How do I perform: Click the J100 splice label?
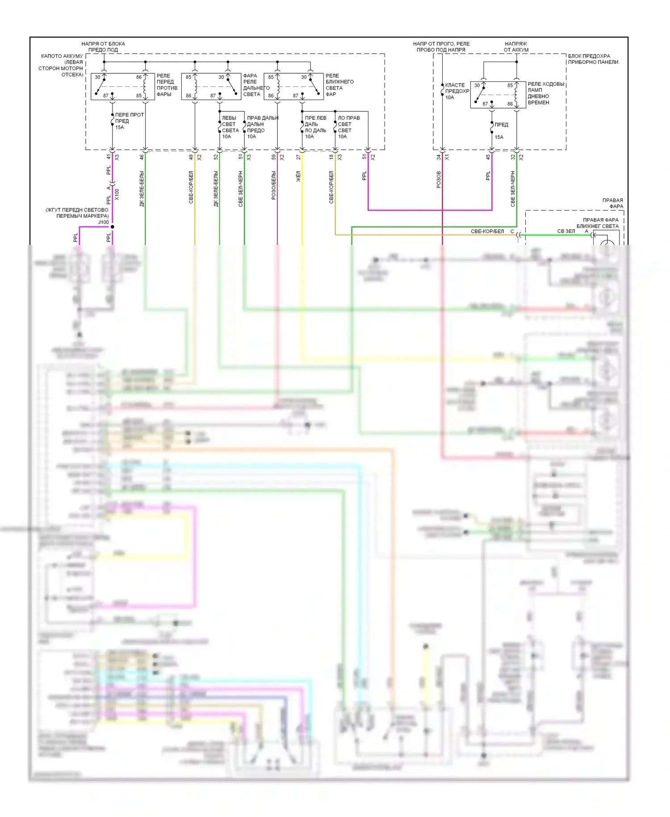(103, 222)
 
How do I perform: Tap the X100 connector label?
(117, 194)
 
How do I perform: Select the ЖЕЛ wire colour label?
(298, 176)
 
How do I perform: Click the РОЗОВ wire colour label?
(439, 179)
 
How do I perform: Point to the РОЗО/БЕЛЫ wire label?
(273, 185)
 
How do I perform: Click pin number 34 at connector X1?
(439, 157)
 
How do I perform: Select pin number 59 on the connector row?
(273, 157)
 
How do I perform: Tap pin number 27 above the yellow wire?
(298, 157)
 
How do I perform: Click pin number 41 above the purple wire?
(109, 157)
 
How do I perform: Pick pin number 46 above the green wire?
(142, 157)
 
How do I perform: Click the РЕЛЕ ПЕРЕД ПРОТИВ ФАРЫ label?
(167, 85)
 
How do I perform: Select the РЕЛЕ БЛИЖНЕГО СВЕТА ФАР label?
(339, 85)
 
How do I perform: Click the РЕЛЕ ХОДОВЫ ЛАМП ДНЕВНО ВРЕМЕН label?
(545, 93)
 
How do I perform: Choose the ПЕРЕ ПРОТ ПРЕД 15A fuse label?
(129, 121)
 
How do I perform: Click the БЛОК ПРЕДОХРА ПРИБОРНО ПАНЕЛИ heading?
(593, 59)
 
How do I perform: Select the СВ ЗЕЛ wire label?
(566, 231)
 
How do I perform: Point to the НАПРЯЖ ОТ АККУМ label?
(516, 47)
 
